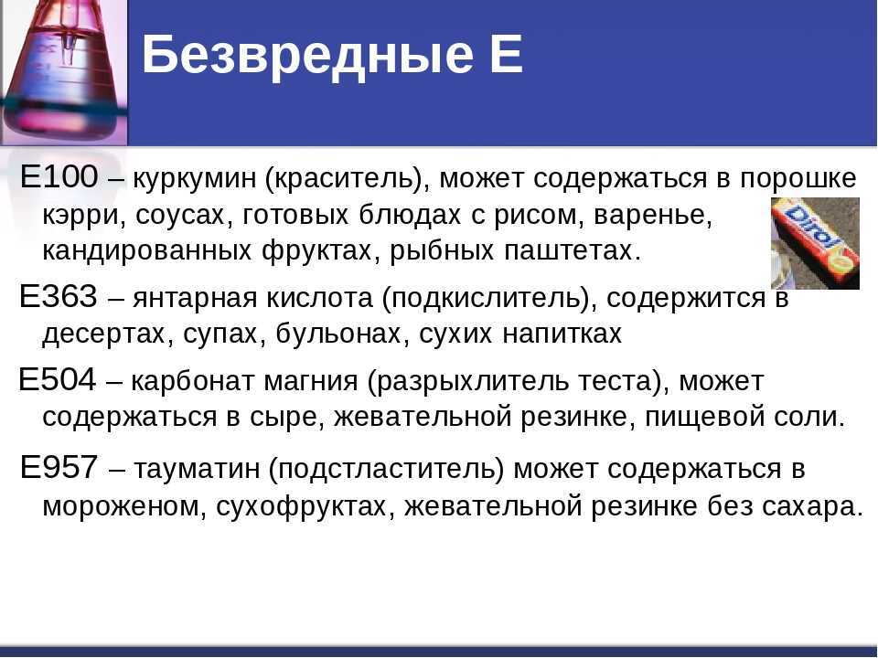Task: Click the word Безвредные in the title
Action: coord(307,54)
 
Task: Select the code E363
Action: coord(59,296)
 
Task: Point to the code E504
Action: coord(57,379)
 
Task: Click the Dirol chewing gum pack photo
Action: coord(815,243)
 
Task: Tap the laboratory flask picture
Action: coord(64,73)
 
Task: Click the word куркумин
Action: coord(194,179)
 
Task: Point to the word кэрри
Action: coord(84,216)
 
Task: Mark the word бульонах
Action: coord(345,334)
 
